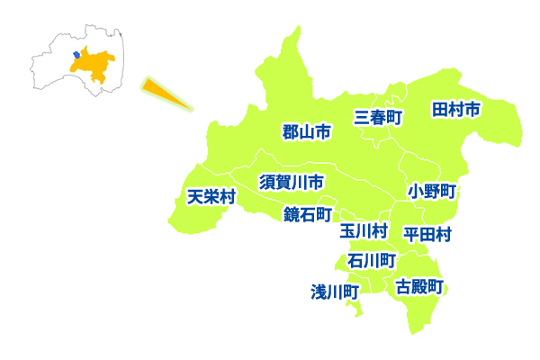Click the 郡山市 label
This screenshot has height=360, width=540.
(307, 132)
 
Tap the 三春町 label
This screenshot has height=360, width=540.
(378, 116)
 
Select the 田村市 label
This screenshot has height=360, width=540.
(455, 109)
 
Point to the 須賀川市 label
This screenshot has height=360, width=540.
(292, 182)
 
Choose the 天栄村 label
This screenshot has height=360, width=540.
(211, 197)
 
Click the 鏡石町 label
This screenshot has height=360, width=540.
(308, 214)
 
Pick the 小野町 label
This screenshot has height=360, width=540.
(433, 191)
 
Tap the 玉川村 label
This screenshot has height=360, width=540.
(364, 231)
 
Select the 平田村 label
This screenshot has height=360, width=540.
(427, 234)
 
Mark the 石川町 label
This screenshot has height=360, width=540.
(372, 260)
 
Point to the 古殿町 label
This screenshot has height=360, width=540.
(420, 287)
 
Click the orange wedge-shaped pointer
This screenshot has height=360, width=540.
(166, 94)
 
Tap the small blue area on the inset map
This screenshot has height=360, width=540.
(76, 55)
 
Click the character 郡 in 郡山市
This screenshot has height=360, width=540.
(291, 132)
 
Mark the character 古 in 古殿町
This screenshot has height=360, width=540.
(404, 287)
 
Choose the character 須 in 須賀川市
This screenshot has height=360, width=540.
(267, 182)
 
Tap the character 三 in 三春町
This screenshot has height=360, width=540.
(362, 116)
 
